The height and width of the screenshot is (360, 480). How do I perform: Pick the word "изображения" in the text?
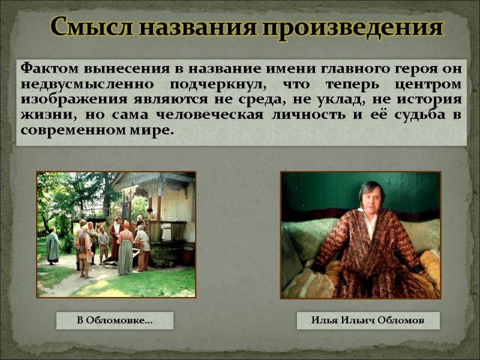[x=65, y=98]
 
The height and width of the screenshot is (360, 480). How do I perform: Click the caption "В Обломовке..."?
[x=115, y=321]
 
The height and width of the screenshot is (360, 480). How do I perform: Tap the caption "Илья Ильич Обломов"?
[x=368, y=321]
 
